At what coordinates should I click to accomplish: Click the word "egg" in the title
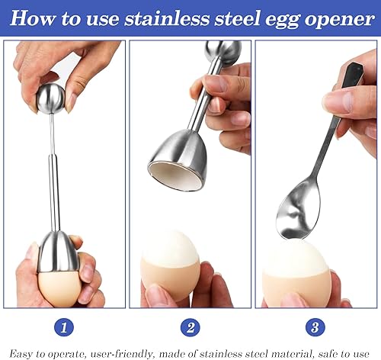pyautogui.click(x=282, y=20)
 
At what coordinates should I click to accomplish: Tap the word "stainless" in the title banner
pyautogui.click(x=167, y=18)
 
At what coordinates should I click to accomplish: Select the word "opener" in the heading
pyautogui.click(x=340, y=20)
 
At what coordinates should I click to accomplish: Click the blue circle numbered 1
pyautogui.click(x=64, y=327)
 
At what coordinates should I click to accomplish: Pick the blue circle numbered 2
pyautogui.click(x=190, y=327)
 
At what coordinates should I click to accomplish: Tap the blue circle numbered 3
pyautogui.click(x=315, y=327)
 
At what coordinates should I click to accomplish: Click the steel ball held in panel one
pyautogui.click(x=51, y=98)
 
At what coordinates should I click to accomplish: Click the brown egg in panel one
pyautogui.click(x=59, y=288)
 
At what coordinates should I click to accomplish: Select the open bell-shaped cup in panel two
pyautogui.click(x=178, y=160)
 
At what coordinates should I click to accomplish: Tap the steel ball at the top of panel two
pyautogui.click(x=223, y=52)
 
